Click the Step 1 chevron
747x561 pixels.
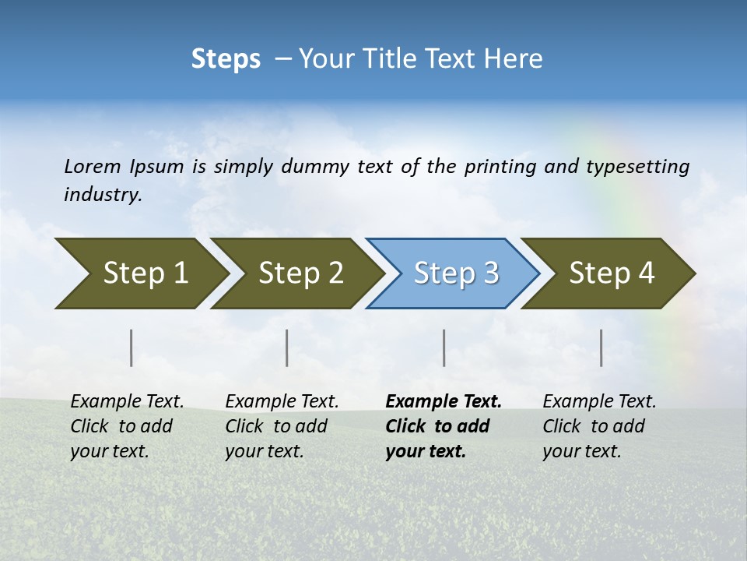tap(146, 273)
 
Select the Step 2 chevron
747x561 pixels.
tap(300, 273)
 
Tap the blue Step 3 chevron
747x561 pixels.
tap(456, 273)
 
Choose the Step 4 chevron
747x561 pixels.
tap(612, 273)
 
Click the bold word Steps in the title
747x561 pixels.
tap(226, 59)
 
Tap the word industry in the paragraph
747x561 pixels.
tap(103, 195)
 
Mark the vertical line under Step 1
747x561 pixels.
tap(132, 348)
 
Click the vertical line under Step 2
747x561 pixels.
tap(287, 348)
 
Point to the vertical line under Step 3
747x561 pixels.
tap(444, 348)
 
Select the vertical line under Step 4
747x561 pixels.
tap(601, 348)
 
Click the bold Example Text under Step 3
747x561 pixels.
tap(444, 401)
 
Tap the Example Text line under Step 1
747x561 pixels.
tap(127, 401)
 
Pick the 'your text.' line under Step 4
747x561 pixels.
tap(581, 451)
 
